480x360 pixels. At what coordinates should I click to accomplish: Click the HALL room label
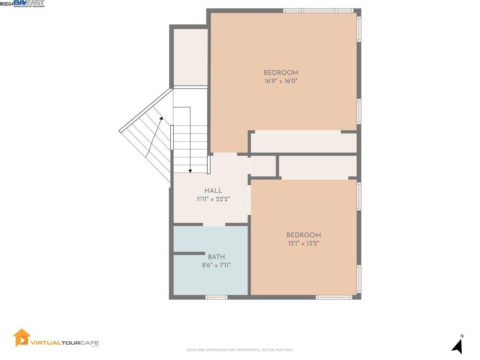pyautogui.click(x=213, y=190)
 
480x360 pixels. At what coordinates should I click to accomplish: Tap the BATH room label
pyautogui.click(x=216, y=257)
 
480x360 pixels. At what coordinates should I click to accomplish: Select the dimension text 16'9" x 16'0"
pyautogui.click(x=281, y=81)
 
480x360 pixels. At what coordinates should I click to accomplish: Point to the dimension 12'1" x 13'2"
pyautogui.click(x=303, y=243)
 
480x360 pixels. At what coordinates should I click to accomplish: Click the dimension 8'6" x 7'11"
pyautogui.click(x=216, y=265)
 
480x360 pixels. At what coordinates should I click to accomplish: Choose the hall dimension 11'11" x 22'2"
pyautogui.click(x=213, y=199)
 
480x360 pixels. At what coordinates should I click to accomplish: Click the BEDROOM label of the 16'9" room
pyautogui.click(x=281, y=73)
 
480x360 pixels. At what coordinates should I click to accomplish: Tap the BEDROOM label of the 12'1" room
pyautogui.click(x=303, y=235)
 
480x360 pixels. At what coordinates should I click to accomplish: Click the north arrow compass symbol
pyautogui.click(x=457, y=345)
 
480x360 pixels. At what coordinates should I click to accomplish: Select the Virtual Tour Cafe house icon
pyautogui.click(x=21, y=337)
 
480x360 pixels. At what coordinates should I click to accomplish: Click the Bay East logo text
pyautogui.click(x=29, y=3)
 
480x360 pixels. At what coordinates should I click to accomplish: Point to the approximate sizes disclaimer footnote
pyautogui.click(x=240, y=350)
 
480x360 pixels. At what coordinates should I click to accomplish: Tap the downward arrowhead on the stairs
pyautogui.click(x=190, y=171)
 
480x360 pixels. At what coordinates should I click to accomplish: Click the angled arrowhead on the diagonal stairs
pyautogui.click(x=161, y=118)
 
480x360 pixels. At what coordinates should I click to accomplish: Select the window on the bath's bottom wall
pyautogui.click(x=216, y=297)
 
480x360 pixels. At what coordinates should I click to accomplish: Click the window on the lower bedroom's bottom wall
pyautogui.click(x=334, y=297)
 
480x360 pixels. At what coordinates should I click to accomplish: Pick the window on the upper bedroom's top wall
pyautogui.click(x=318, y=10)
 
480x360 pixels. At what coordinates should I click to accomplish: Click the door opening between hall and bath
pyautogui.click(x=214, y=224)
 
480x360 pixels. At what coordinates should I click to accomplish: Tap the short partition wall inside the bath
pyautogui.click(x=189, y=253)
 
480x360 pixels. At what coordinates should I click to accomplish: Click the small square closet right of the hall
pyautogui.click(x=263, y=165)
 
